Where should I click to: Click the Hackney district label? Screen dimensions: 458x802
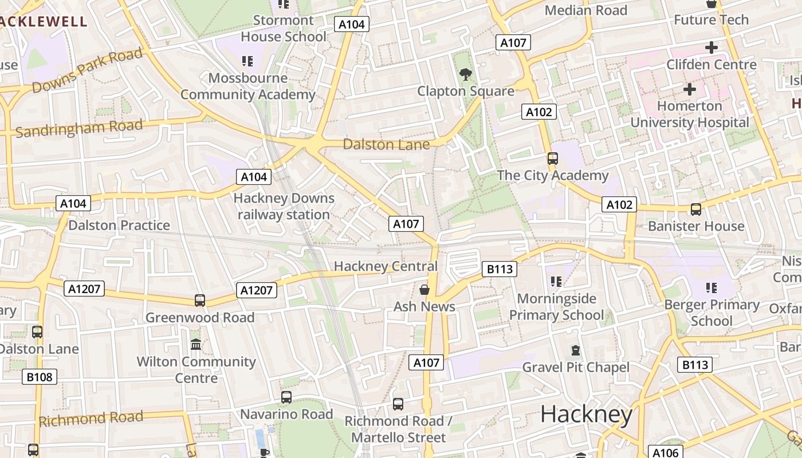[x=586, y=414]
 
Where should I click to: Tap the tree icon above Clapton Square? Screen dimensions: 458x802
[x=466, y=74]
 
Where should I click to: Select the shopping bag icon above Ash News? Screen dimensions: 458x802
[x=424, y=290]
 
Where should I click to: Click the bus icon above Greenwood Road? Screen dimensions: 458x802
[x=200, y=300]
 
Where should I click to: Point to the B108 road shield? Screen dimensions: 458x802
[x=40, y=377]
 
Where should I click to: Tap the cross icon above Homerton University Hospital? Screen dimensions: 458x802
[x=690, y=89]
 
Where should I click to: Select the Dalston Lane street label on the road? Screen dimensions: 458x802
[x=386, y=144]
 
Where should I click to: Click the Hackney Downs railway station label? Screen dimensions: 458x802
[x=284, y=206]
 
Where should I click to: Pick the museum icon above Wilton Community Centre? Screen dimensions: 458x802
[x=196, y=345]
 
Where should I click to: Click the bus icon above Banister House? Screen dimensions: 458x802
[x=696, y=210]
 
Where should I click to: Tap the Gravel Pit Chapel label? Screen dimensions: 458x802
[x=576, y=367]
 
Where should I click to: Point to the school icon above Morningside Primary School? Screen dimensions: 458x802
[x=556, y=282]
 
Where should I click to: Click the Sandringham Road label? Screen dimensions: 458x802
[x=79, y=129]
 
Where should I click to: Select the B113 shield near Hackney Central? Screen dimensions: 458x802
[x=500, y=269]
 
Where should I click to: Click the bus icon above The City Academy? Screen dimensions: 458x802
[x=553, y=159]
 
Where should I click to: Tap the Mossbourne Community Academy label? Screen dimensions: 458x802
[x=248, y=86]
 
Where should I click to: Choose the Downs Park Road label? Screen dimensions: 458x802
[x=87, y=71]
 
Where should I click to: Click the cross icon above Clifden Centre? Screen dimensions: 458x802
[x=711, y=48]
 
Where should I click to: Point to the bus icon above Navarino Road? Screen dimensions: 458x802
[x=286, y=397]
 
